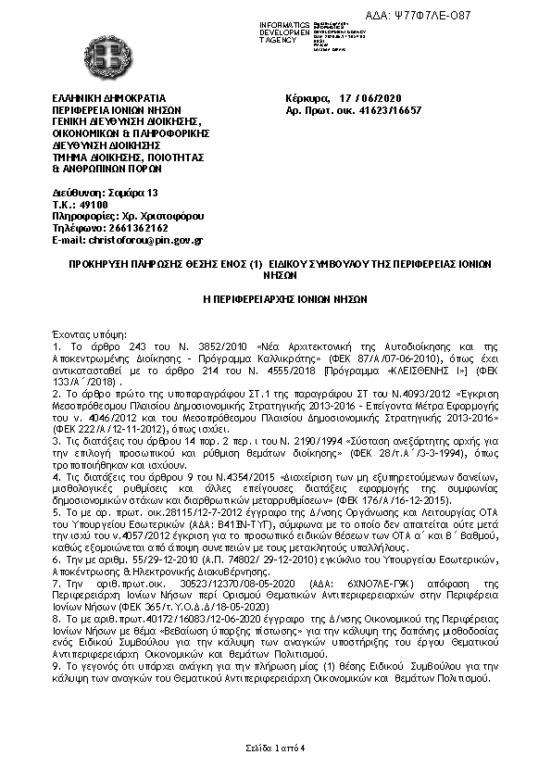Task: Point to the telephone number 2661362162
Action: point(129,228)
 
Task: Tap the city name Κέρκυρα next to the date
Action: point(309,97)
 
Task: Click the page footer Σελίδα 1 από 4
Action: point(275,748)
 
